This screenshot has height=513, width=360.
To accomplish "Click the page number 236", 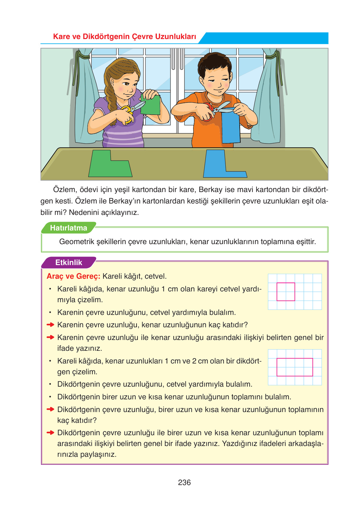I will pyautogui.click(x=184, y=483).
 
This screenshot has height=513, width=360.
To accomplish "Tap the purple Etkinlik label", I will pyautogui.click(x=69, y=263).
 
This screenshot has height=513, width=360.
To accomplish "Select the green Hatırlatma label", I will pyautogui.click(x=68, y=228).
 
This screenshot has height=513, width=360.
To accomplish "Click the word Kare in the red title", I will pyautogui.click(x=62, y=37).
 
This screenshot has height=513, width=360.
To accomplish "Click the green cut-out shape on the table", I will pyautogui.click(x=110, y=165).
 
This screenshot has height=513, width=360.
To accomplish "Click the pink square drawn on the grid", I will pyautogui.click(x=286, y=292).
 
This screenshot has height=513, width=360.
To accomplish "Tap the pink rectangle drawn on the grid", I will pyautogui.click(x=295, y=367).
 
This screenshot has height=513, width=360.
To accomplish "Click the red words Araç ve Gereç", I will pyautogui.click(x=73, y=276).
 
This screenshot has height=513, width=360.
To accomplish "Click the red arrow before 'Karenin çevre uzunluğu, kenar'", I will pyautogui.click(x=50, y=325).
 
